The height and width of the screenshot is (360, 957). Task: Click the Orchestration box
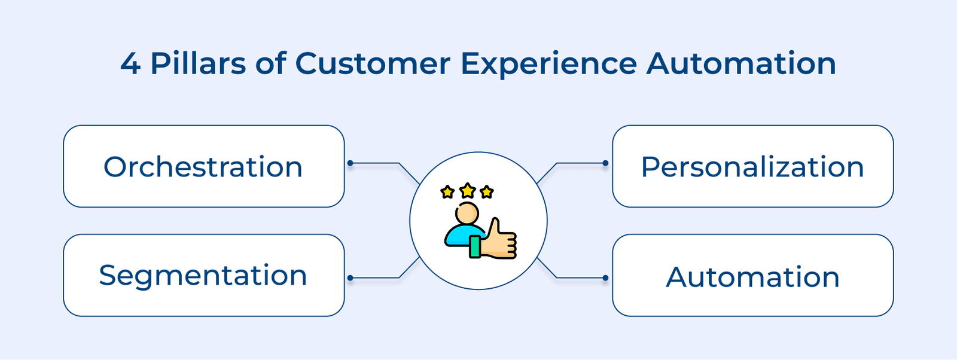point(203,166)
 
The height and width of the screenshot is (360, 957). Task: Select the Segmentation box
point(203,275)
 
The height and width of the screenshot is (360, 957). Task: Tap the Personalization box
point(752,166)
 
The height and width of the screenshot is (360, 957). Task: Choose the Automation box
point(752,275)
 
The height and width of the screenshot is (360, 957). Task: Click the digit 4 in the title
point(130,63)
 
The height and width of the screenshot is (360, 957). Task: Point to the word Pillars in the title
point(198,63)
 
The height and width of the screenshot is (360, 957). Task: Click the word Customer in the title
point(373,63)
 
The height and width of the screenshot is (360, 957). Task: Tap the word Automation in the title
point(741,63)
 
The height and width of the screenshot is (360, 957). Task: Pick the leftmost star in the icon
point(447,192)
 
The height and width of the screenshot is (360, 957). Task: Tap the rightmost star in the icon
point(487,192)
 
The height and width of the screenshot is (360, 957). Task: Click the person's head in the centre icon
point(467,213)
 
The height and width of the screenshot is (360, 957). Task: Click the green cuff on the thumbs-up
point(476,246)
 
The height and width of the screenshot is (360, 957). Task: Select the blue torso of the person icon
point(459,236)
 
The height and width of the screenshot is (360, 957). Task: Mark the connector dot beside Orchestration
point(351,163)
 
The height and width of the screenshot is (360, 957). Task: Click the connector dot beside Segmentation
point(351,277)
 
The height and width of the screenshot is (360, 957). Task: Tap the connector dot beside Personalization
point(605,163)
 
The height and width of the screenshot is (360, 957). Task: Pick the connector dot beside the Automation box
point(605,277)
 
